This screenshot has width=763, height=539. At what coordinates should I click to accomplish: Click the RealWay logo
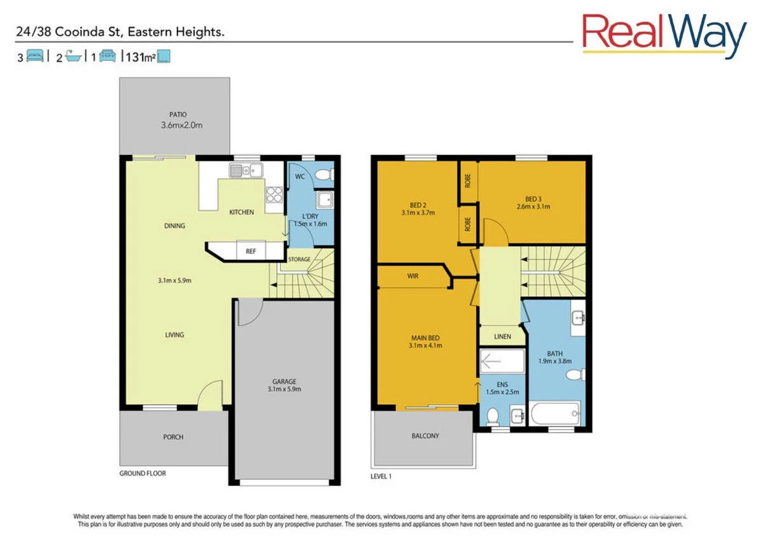click(664, 34)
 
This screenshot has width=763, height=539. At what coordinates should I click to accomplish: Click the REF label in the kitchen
click(251, 251)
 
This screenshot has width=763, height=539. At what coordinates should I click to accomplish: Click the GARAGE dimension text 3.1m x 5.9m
click(284, 390)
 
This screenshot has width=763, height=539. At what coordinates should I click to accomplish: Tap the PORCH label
click(173, 437)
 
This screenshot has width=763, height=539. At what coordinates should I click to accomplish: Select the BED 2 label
click(418, 205)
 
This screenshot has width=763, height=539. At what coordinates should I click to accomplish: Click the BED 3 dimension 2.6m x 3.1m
click(533, 207)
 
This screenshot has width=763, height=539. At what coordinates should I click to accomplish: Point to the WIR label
click(413, 276)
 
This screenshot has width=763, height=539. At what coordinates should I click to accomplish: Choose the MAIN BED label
click(425, 338)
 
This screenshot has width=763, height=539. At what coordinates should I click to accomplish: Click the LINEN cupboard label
click(502, 336)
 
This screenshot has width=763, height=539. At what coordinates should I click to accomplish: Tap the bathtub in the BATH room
click(555, 414)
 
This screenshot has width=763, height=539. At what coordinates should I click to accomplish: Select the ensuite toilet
click(491, 416)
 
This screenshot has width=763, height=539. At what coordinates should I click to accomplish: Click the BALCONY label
click(425, 436)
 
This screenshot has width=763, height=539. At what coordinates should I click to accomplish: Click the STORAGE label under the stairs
click(299, 259)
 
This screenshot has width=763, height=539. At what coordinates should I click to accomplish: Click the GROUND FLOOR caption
click(143, 474)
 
